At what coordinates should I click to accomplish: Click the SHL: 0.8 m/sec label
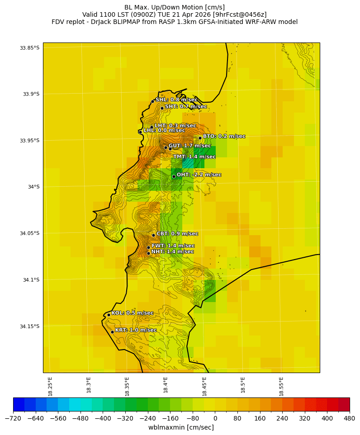[176, 99]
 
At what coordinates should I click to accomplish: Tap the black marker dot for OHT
[174, 176]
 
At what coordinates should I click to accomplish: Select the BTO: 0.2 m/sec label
[224, 136]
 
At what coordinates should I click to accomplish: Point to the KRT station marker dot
[112, 332]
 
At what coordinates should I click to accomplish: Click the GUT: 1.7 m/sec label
[189, 146]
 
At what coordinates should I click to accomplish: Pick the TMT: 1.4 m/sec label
[194, 156]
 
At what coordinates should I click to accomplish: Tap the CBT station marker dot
[153, 235]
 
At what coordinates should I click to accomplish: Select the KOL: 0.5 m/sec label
[132, 313]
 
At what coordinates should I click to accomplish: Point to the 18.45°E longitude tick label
[204, 386]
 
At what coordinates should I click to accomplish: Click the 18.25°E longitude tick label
[50, 386]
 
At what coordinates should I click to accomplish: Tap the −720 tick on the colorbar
[13, 418]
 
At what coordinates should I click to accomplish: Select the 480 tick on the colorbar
[350, 418]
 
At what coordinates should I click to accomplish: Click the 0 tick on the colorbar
[215, 418]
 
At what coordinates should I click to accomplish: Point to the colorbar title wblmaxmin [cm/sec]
[181, 427]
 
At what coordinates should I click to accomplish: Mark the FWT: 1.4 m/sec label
[173, 246]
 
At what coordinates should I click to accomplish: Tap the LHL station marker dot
[140, 132]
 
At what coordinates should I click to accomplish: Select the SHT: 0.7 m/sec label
[185, 107]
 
